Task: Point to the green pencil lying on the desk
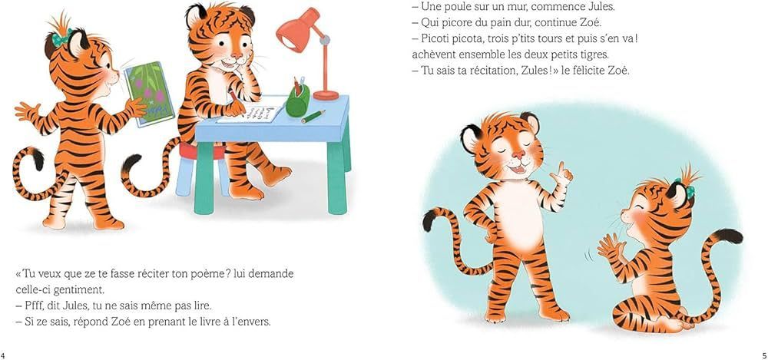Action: click(x=313, y=117)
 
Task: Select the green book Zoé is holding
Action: click(x=149, y=94)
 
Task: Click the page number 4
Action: click(x=3, y=355)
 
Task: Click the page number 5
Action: click(x=764, y=355)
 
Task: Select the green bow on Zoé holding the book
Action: click(x=61, y=38)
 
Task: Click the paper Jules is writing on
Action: click(x=250, y=114)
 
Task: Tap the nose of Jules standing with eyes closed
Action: click(x=518, y=156)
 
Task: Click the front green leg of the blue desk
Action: click(x=204, y=177)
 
